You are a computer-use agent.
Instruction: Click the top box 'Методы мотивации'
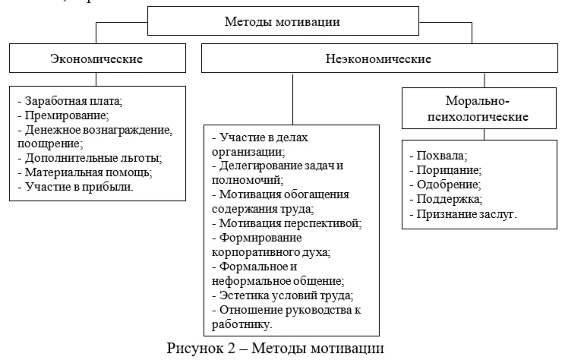click(282, 21)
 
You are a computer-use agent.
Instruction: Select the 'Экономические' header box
click(96, 58)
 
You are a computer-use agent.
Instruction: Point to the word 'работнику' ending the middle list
click(245, 324)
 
